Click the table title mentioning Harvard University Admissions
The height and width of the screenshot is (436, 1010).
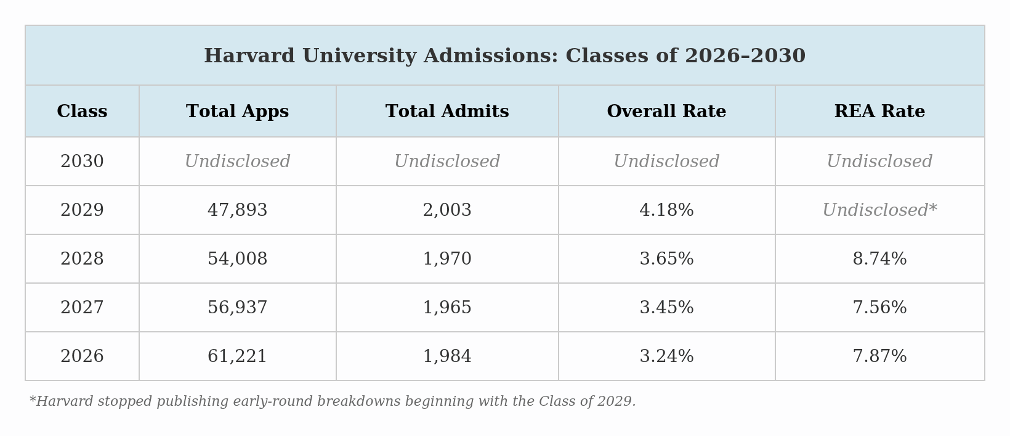[504, 56]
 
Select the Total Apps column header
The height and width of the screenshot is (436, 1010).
[237, 112]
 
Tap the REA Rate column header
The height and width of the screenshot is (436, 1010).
[879, 112]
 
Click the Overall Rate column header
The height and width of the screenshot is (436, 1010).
[666, 112]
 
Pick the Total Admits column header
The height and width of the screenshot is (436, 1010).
[447, 112]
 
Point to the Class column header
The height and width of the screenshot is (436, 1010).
[82, 112]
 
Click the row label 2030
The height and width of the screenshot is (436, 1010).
[82, 162]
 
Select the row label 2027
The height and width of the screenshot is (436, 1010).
[82, 308]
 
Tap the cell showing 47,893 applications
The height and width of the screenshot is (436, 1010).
[237, 210]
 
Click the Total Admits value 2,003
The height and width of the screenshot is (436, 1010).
[447, 210]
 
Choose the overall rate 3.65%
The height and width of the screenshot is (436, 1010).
[666, 259]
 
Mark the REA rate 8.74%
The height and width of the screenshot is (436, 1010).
[879, 259]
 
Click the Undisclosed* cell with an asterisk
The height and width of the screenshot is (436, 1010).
[879, 210]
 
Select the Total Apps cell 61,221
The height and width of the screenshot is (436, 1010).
[237, 356]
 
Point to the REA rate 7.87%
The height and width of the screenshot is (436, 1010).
[879, 356]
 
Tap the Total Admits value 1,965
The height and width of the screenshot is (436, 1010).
[447, 308]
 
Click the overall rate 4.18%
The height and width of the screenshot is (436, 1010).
[666, 210]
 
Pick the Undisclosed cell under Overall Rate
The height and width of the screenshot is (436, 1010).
[666, 162]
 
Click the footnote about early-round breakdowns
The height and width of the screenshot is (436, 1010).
[333, 401]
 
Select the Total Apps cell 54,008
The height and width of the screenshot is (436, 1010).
[237, 259]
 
